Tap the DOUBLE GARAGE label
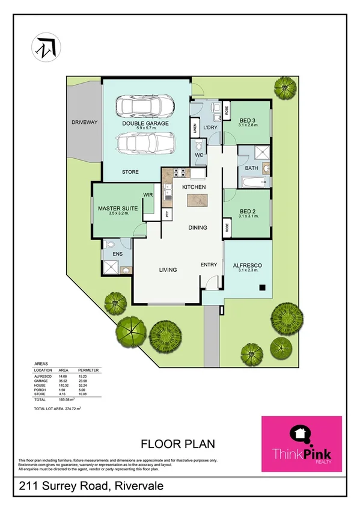pyautogui.click(x=145, y=123)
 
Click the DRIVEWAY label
pyautogui.click(x=84, y=122)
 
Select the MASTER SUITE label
pyautogui.click(x=118, y=208)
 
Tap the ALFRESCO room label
pyautogui.click(x=248, y=265)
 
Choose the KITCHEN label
pyautogui.click(x=194, y=188)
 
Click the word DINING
pyautogui.click(x=198, y=227)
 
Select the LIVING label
pyautogui.click(x=168, y=270)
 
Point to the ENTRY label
pyautogui.click(x=209, y=265)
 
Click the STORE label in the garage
pyautogui.click(x=130, y=172)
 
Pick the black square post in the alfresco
pyautogui.click(x=262, y=287)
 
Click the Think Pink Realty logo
pyautogui.click(x=301, y=444)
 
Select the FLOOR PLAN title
pyautogui.click(x=178, y=444)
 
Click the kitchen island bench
pyautogui.click(x=194, y=204)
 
